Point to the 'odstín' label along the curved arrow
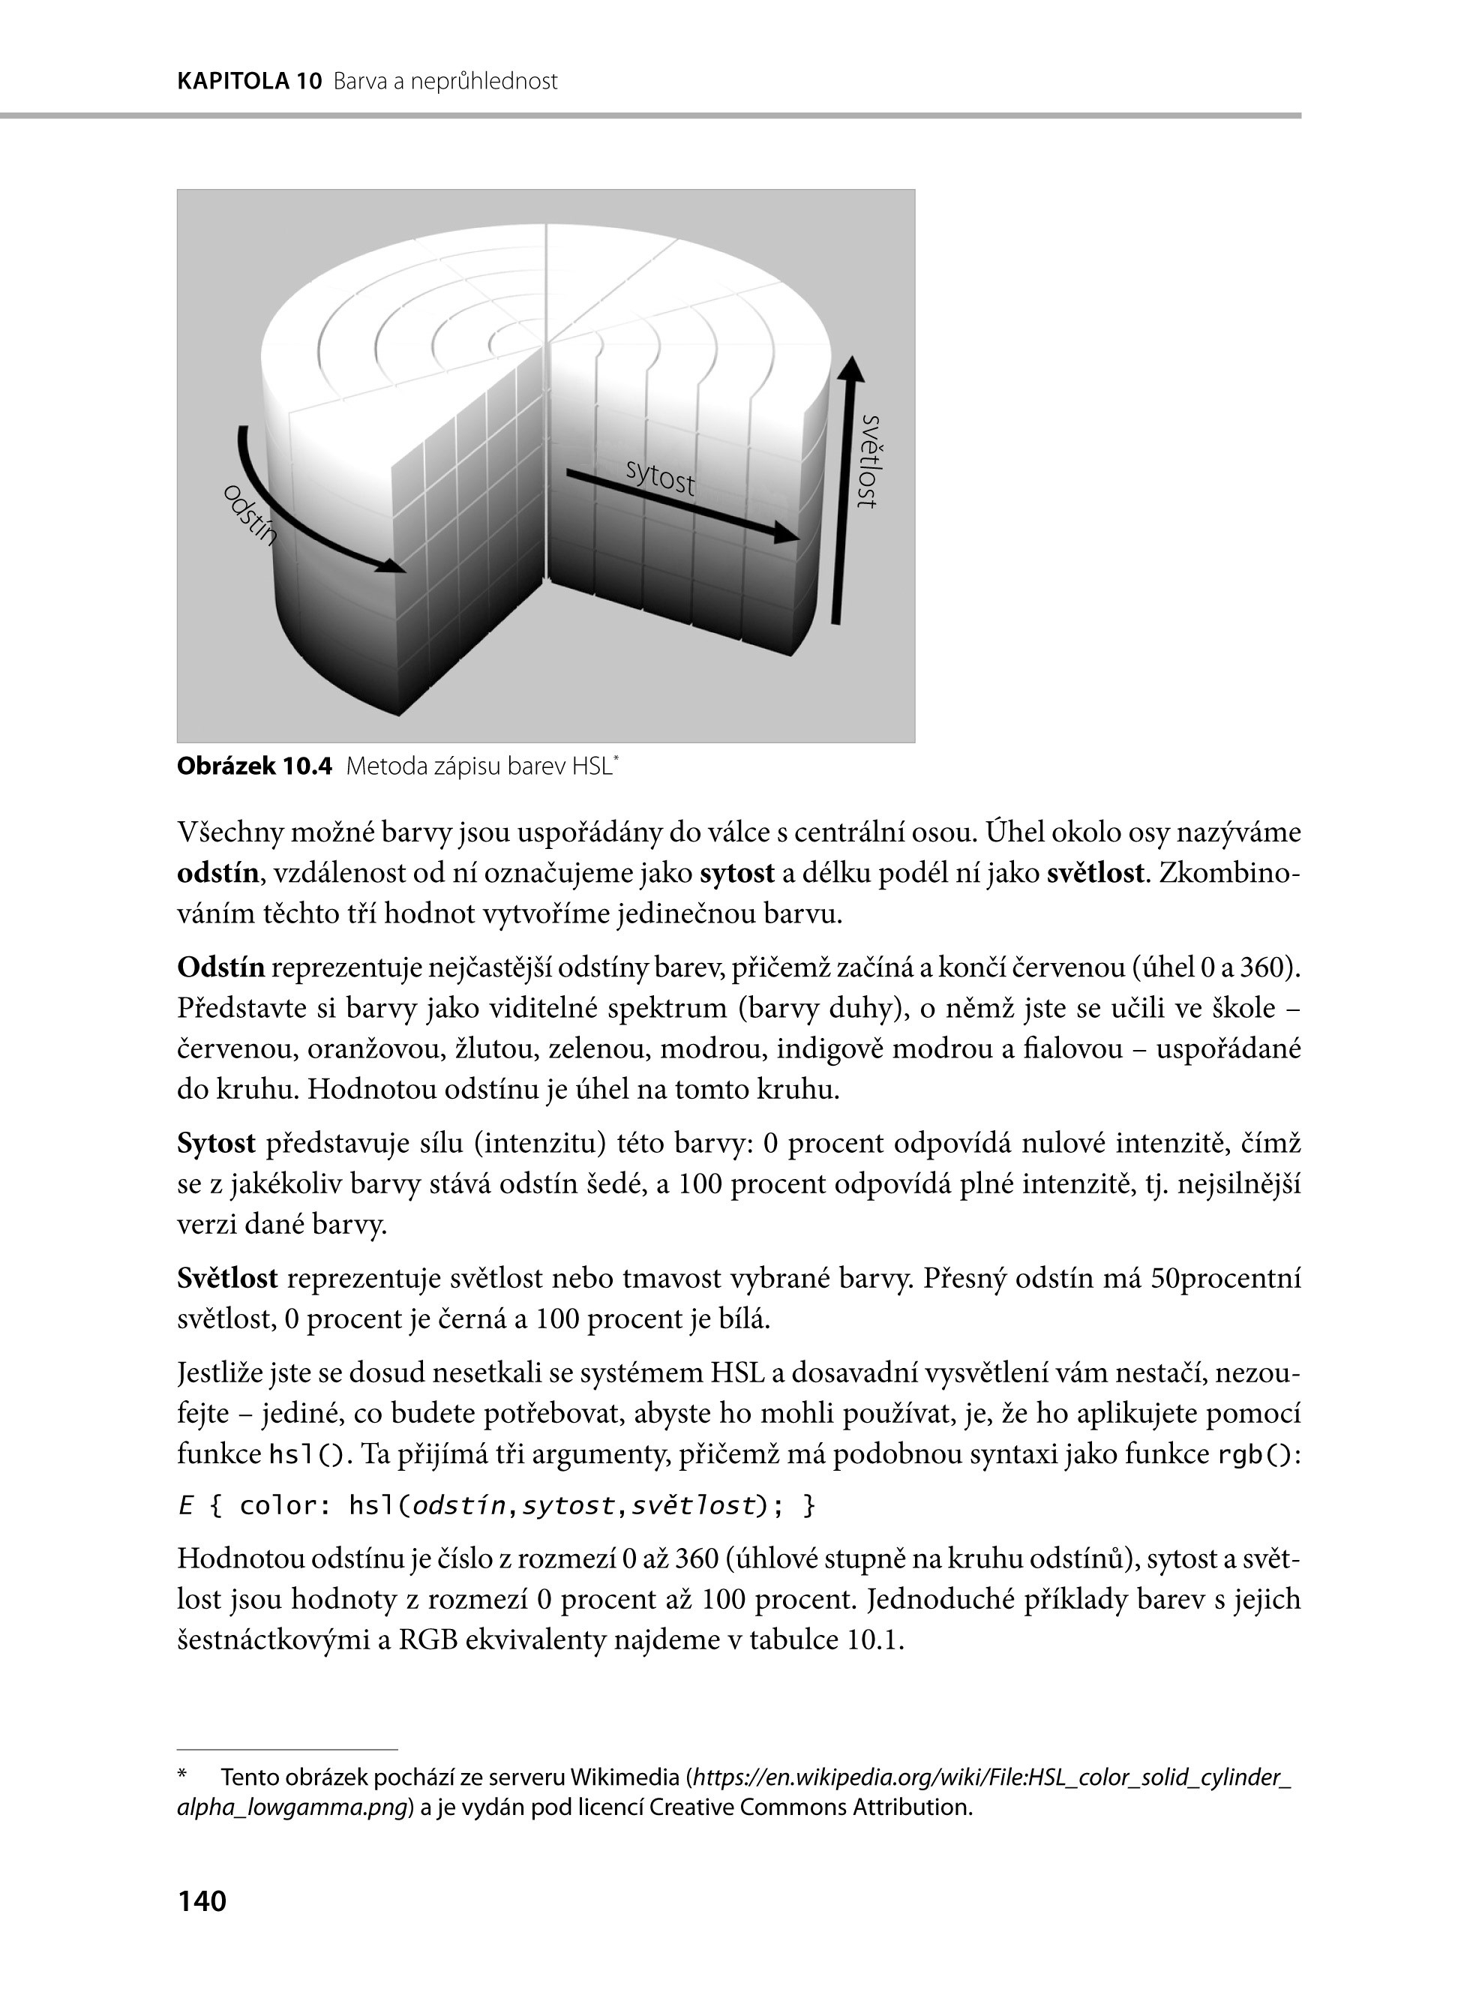click(250, 514)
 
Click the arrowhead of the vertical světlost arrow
click(851, 369)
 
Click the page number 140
click(202, 1900)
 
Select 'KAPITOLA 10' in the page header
click(249, 82)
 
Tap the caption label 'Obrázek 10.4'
click(254, 766)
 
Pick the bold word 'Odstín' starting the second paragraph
click(221, 967)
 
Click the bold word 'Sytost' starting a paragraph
click(217, 1143)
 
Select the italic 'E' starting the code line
click(186, 1506)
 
